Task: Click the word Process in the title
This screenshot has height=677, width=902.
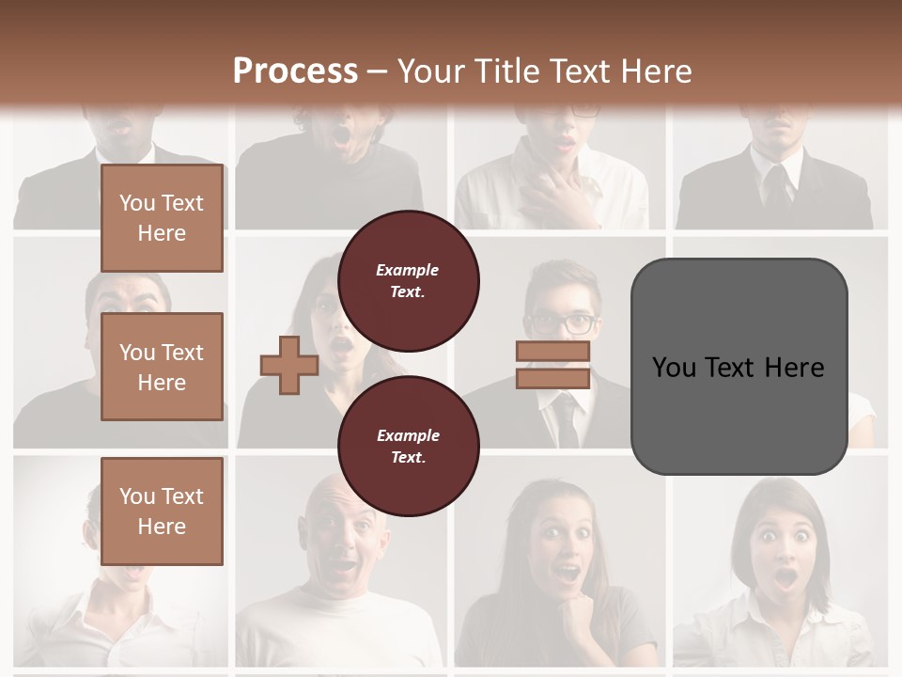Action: click(x=295, y=71)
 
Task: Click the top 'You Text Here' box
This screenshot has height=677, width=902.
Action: click(x=162, y=218)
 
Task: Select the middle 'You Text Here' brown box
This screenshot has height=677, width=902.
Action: click(x=162, y=367)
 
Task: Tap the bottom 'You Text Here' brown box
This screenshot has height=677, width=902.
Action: click(x=162, y=511)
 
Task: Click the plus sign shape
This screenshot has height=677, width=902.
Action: click(x=289, y=365)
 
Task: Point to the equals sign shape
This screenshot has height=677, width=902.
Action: click(x=552, y=365)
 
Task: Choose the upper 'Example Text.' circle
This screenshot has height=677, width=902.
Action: click(x=409, y=280)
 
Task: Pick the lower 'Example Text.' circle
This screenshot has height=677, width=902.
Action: click(x=409, y=446)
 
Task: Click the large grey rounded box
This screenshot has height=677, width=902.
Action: click(x=739, y=366)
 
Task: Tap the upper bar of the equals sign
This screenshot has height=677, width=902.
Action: click(x=552, y=352)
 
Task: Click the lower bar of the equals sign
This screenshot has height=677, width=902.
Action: click(x=552, y=379)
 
